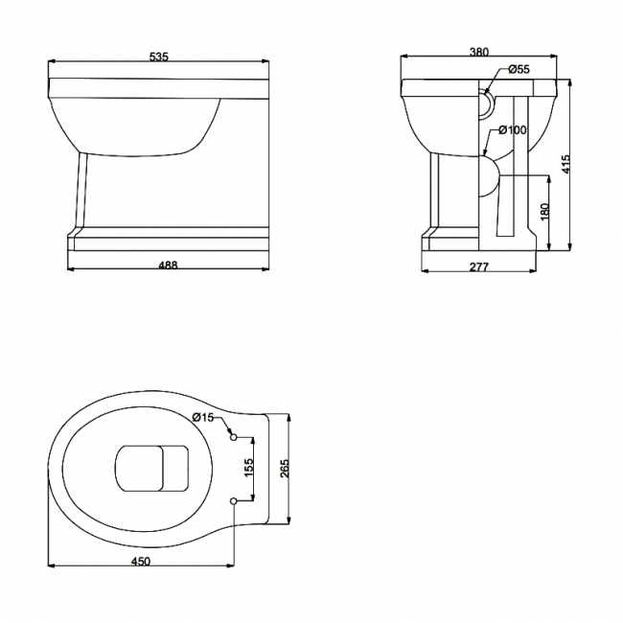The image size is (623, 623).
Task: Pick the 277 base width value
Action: coord(479,266)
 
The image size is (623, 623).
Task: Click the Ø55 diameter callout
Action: coord(519,70)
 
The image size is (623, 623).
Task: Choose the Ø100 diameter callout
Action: coord(513,129)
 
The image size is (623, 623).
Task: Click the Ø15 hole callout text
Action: coord(203,416)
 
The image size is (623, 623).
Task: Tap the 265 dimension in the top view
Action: coord(284,469)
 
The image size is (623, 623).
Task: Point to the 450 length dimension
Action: coord(140,563)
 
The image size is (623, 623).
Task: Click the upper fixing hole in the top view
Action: coord(233,437)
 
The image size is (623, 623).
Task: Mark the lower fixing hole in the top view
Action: coord(233,500)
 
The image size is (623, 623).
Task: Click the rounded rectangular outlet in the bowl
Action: coord(150,469)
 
